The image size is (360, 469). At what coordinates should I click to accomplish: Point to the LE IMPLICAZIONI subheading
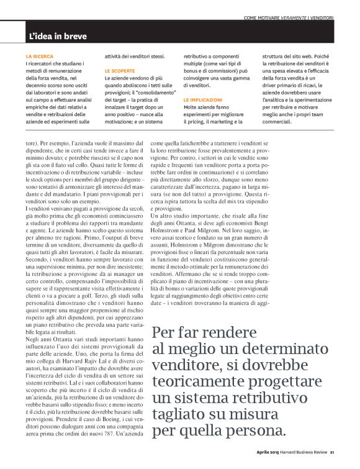tap(204, 99)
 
